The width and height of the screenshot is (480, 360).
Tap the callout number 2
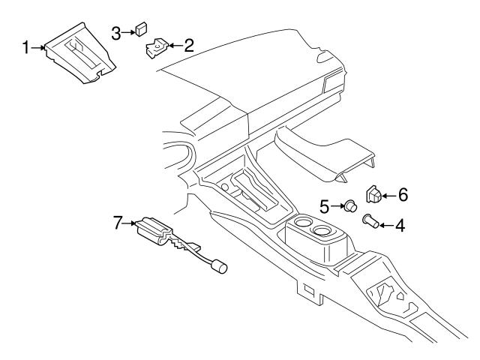[188, 46]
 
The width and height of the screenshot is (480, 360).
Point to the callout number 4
[400, 223]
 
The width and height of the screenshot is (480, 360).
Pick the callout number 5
[325, 204]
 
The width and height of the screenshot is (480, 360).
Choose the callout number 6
[402, 196]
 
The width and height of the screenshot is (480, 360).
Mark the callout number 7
[116, 223]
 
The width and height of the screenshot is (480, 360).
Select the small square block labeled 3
[140, 31]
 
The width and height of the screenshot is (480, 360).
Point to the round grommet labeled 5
[348, 205]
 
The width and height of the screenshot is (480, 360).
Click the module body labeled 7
[155, 229]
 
